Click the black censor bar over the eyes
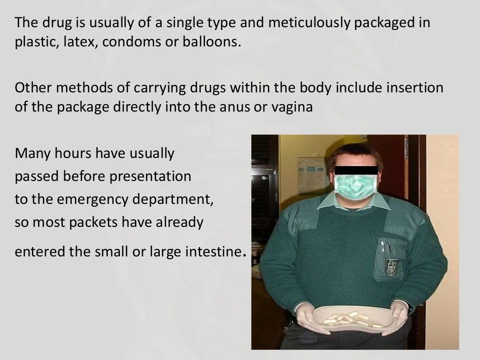[x=356, y=170]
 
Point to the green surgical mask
[x=355, y=186]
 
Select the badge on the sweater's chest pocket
[x=390, y=267]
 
